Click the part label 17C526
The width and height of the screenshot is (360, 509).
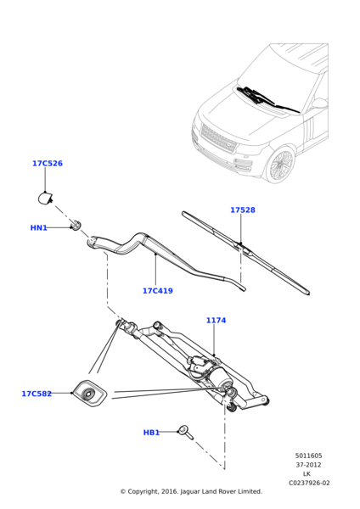pos(48,164)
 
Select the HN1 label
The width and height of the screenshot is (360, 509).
pos(39,228)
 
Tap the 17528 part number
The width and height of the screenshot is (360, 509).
pos(242,210)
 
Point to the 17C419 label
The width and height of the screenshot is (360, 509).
pos(157,291)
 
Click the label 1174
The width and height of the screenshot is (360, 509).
pos(216,321)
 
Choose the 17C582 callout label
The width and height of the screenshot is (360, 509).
pos(37,394)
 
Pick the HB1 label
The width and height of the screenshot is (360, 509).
pos(151,433)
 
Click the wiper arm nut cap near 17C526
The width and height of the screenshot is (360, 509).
pos(46,199)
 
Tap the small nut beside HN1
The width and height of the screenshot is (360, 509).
pos(76,226)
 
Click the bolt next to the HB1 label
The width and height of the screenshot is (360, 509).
pos(184,433)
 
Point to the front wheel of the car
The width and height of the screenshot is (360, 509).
pos(280,165)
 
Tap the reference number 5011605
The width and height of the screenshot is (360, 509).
pos(308,456)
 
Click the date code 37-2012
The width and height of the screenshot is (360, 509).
pos(308,465)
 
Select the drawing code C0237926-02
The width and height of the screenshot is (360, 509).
pos(308,483)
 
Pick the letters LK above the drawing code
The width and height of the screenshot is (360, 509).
pos(307,474)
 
